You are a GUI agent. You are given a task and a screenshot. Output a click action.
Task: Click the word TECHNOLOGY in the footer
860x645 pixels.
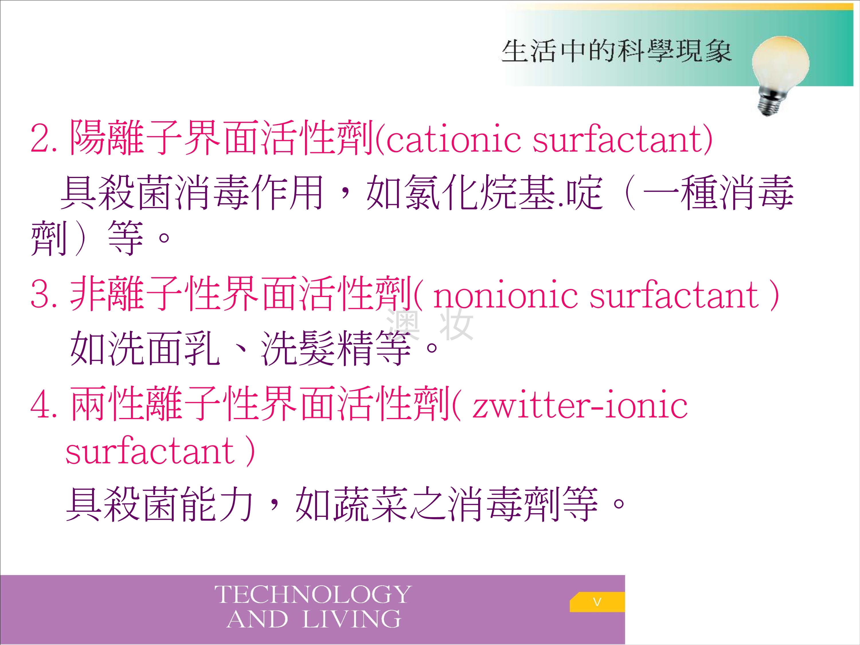coord(313,595)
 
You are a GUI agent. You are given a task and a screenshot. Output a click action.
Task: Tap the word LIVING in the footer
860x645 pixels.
coord(351,619)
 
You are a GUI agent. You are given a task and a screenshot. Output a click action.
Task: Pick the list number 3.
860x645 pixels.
coord(44,295)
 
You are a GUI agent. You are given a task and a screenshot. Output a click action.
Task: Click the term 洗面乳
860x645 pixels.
coord(145,348)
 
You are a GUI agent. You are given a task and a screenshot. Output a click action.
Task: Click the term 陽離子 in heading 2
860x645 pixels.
coord(126,138)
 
